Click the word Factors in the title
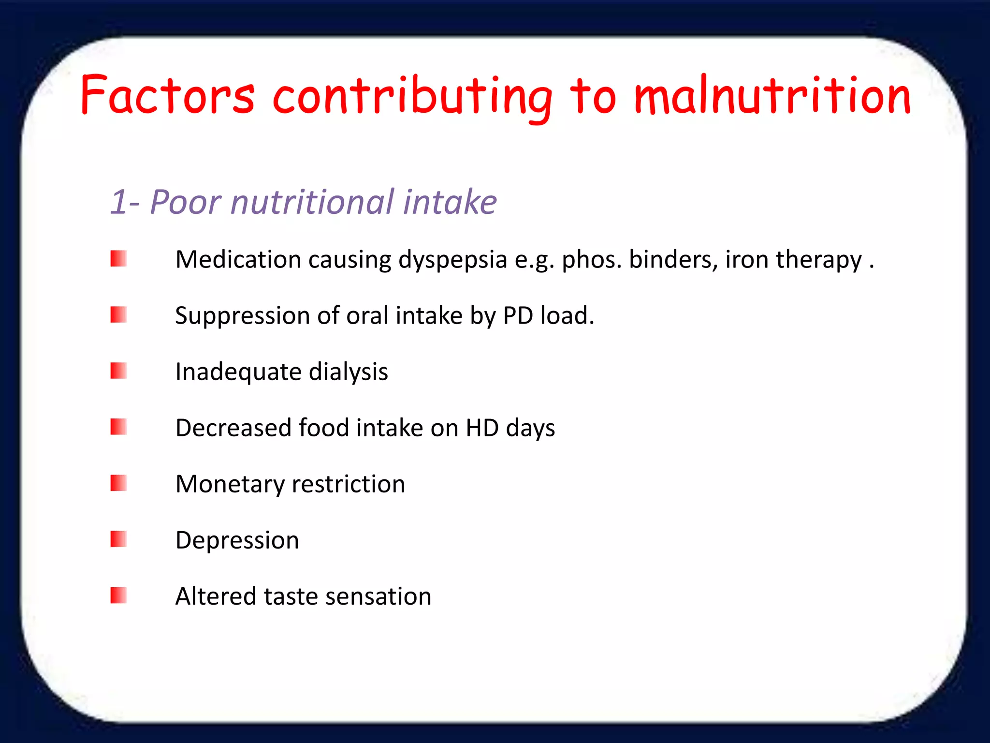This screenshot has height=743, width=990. (167, 95)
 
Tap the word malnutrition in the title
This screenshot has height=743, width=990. (772, 95)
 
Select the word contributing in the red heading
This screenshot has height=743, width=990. (412, 97)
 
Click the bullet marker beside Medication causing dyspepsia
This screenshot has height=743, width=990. (118, 259)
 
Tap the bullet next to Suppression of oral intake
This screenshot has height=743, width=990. (118, 315)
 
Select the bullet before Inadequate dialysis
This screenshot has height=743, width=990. (118, 371)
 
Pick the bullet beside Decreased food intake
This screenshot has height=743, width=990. (118, 427)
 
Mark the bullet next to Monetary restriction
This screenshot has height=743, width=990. (118, 483)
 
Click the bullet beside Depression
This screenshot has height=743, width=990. (118, 539)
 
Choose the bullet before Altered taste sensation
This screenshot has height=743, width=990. (118, 595)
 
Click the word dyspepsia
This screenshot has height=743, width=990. (452, 260)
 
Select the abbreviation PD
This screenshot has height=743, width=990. (518, 315)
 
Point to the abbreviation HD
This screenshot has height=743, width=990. (482, 428)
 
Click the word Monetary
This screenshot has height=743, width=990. (230, 484)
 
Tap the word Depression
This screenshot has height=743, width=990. (237, 540)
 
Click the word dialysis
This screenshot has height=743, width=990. (348, 372)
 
